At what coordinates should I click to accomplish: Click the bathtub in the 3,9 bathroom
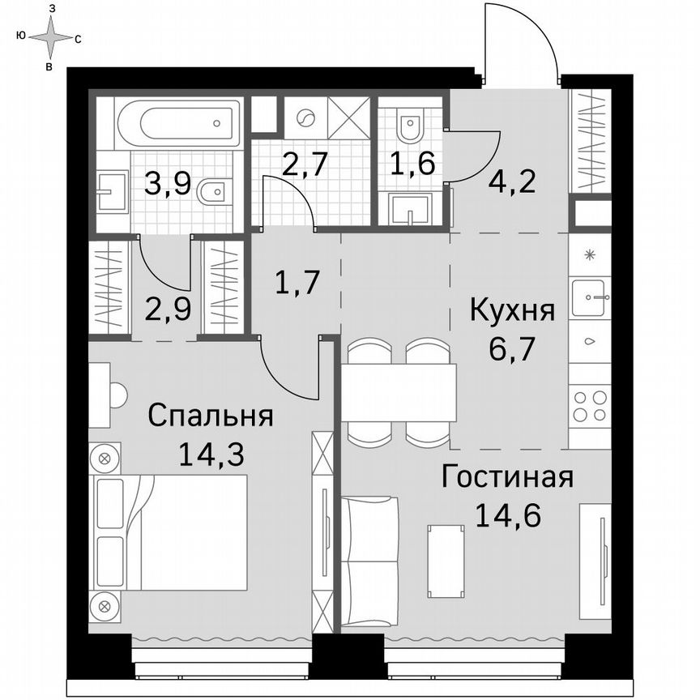point(179,124)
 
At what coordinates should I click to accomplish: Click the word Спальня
point(211,417)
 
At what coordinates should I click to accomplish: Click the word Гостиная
point(507,477)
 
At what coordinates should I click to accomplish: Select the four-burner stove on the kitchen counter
point(589,406)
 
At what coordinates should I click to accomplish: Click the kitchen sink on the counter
point(589,297)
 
